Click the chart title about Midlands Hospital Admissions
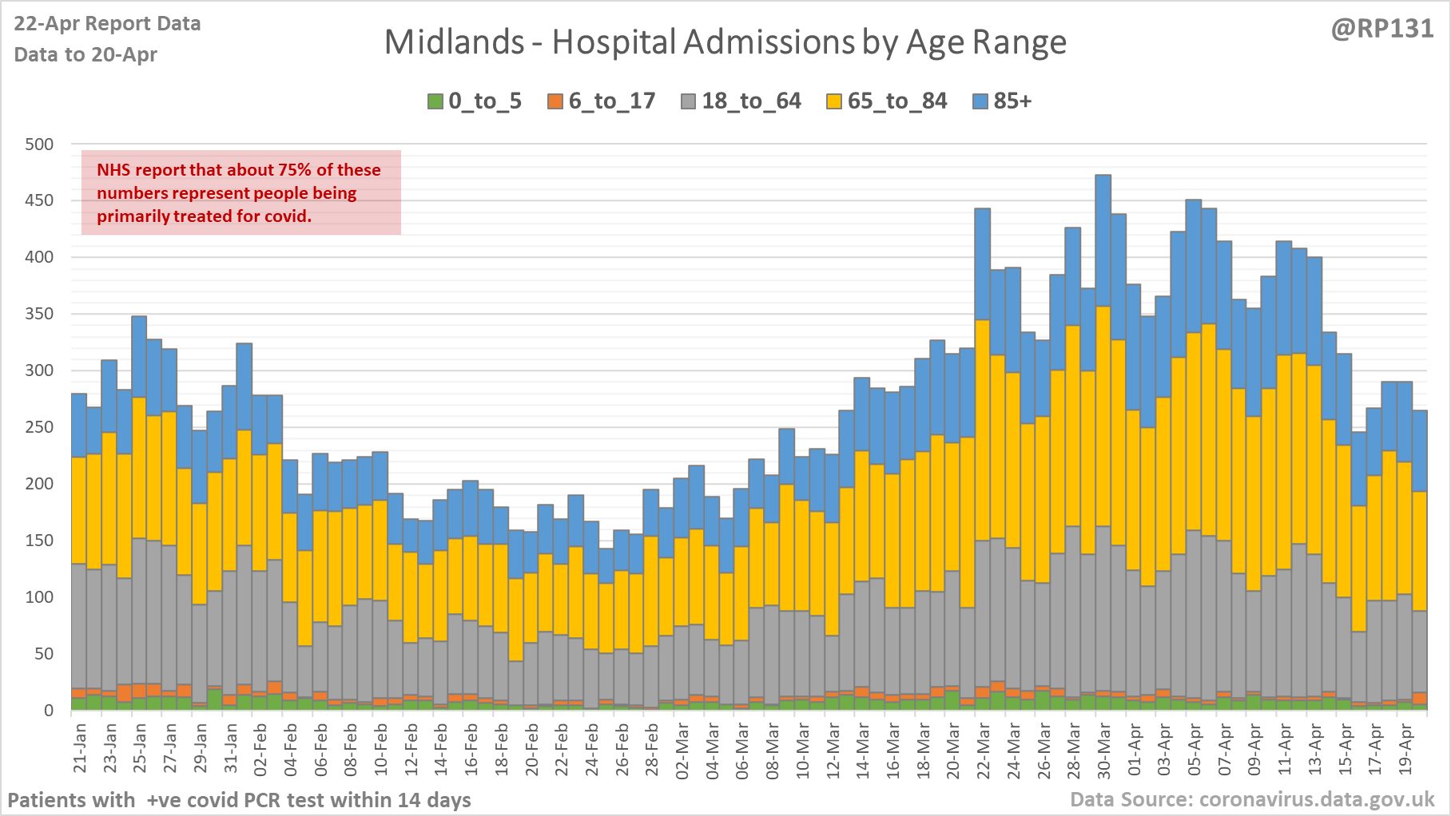tap(725, 42)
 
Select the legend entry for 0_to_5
tap(475, 101)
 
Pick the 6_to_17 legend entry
tap(602, 101)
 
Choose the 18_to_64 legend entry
tap(741, 101)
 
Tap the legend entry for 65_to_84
tap(887, 101)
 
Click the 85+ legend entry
tap(1003, 101)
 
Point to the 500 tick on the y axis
tap(39, 145)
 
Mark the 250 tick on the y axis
tap(39, 427)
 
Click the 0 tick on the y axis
tap(49, 710)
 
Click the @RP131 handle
tap(1382, 29)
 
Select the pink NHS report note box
tap(241, 192)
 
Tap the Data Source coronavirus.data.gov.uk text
tap(1252, 799)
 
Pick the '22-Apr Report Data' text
tap(107, 24)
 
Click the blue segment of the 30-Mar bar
tap(1103, 240)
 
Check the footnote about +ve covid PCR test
tap(239, 800)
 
